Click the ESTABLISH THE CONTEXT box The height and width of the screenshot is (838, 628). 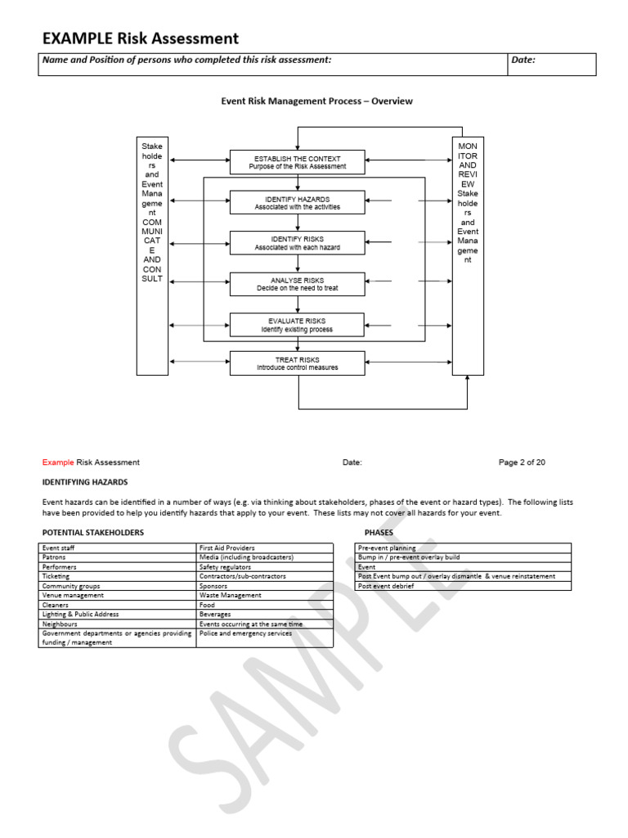297,163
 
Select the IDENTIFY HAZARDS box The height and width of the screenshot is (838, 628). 297,203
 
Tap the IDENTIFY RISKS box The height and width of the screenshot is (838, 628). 297,243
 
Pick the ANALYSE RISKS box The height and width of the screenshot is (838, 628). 297,284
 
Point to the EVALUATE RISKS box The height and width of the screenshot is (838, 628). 297,325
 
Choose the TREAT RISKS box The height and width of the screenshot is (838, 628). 297,363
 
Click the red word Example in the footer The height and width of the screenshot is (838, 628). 58,462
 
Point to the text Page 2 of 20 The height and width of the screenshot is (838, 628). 522,462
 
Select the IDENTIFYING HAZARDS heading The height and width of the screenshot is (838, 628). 85,482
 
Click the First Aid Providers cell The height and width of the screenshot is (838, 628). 227,547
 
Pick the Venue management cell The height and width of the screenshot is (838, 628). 73,595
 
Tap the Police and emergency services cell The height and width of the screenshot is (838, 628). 245,633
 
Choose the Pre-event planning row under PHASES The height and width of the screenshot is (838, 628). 387,547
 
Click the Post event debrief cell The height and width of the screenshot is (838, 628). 387,586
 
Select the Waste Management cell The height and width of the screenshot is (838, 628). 231,595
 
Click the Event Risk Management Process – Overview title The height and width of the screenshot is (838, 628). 317,101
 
